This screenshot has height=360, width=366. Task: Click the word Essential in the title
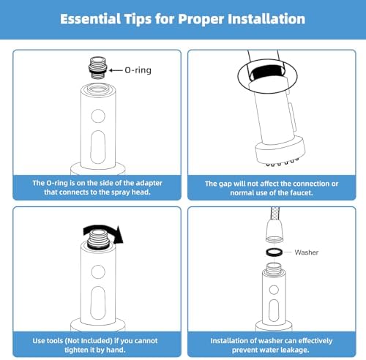pos(91,19)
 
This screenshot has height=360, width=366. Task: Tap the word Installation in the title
pos(266,19)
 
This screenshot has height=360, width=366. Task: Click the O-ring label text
pos(138,70)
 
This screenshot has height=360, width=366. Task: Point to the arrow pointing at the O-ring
pos(116,70)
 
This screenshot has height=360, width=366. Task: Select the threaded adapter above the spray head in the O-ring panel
pos(98,68)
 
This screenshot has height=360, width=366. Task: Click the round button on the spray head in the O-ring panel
pos(98,116)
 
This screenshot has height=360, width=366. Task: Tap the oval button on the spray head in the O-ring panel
pos(98,147)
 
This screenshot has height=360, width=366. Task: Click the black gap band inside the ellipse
pos(267,72)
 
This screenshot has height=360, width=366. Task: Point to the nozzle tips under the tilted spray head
pos(283,162)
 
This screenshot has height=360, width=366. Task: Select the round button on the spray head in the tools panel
pos(98,271)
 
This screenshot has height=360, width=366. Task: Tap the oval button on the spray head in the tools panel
pos(98,303)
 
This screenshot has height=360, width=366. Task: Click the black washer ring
pos(274,252)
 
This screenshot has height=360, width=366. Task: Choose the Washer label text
pos(307,252)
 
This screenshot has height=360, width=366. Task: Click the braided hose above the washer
pos(274,214)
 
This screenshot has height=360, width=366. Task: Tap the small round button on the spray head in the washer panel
pos(274,290)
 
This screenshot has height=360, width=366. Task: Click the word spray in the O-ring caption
pos(121,192)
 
